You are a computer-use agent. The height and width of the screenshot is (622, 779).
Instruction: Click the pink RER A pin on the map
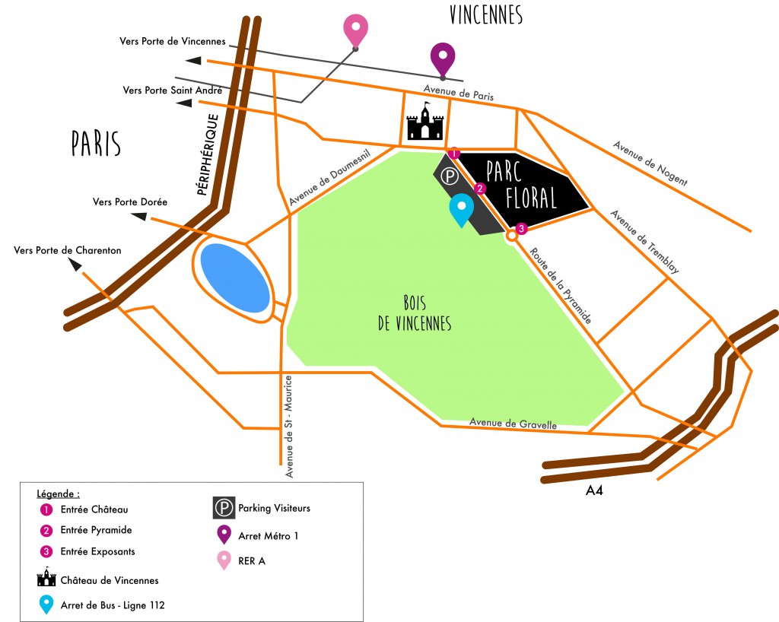point(355,29)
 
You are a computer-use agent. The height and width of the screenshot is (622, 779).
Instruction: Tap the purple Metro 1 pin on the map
point(443,56)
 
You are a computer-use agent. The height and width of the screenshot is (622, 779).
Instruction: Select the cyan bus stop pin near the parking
point(461,209)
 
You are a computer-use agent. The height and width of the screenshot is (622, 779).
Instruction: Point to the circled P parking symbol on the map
point(451,177)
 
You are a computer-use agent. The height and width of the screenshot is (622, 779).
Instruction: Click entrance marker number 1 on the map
point(454,154)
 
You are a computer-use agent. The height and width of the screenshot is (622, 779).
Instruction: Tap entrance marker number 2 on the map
point(480,189)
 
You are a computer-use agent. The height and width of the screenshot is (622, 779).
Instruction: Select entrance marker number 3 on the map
point(521,228)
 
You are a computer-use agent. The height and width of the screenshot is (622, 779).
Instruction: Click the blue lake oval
point(234,278)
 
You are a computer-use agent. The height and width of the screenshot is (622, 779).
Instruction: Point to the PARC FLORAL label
point(522,186)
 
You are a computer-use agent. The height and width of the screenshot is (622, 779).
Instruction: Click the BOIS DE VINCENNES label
point(415,313)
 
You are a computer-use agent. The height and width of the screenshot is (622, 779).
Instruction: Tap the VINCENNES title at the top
point(486,14)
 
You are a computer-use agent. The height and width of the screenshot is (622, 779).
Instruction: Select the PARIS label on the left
point(97,143)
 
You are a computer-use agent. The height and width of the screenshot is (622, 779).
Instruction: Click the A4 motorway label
point(595,491)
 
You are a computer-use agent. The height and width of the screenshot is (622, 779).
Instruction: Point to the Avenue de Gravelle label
point(513,424)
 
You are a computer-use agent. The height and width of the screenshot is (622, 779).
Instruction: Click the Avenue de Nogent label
point(650,163)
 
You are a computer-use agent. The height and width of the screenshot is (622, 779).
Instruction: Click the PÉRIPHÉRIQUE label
point(208,155)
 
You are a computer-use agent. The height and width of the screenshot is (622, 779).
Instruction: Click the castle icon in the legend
point(47,579)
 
